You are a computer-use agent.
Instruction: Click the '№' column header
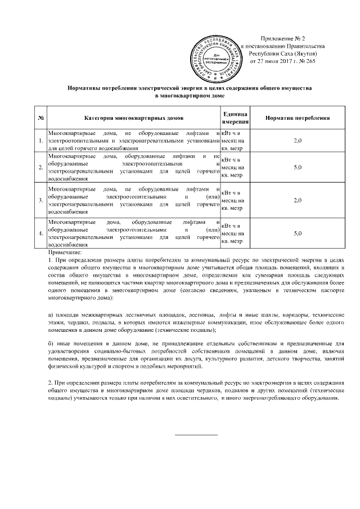point(41,117)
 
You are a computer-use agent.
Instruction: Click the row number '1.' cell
point(41,140)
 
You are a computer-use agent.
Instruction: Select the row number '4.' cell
point(41,233)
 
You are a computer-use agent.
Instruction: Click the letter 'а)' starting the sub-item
point(51,313)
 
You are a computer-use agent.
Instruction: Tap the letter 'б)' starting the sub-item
point(51,343)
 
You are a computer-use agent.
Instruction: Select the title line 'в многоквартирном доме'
point(190,96)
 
